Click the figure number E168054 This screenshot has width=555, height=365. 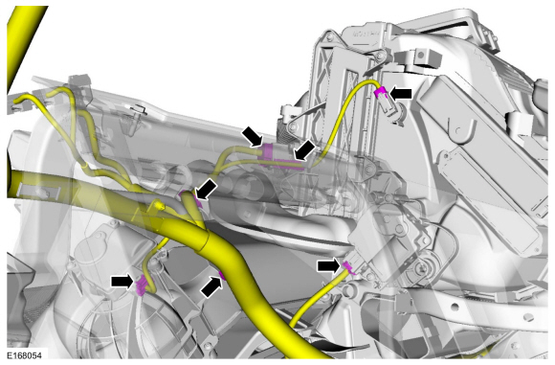pyautogui.click(x=24, y=355)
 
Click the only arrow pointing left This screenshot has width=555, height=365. pyautogui.click(x=401, y=94)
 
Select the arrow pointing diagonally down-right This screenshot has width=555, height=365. pyautogui.click(x=253, y=136)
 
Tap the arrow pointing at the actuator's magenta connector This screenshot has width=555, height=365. pyautogui.click(x=329, y=265)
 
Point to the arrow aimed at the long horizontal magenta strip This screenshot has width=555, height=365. pyautogui.click(x=304, y=150)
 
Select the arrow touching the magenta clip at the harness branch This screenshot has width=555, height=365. pyautogui.click(x=206, y=189)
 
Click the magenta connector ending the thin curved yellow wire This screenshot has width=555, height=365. pyautogui.click(x=381, y=92)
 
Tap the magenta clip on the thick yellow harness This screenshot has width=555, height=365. pyautogui.click(x=222, y=275)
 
